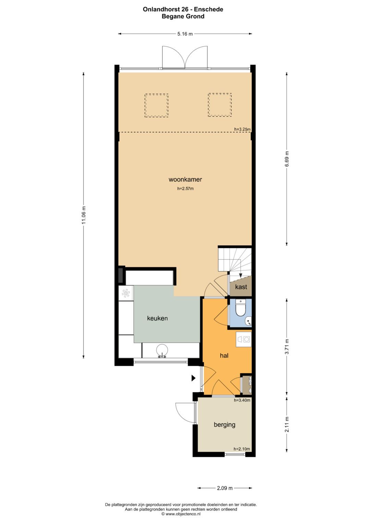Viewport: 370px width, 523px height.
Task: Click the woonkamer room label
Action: click(x=185, y=179)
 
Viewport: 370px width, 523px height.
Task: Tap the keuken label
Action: click(x=158, y=318)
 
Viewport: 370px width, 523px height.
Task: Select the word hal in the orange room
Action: click(x=224, y=356)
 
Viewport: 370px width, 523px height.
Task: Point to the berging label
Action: click(x=224, y=424)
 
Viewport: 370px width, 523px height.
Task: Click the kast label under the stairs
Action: click(x=241, y=287)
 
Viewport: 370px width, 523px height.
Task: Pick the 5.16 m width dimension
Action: click(x=185, y=34)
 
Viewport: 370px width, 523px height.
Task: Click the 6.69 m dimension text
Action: click(x=287, y=159)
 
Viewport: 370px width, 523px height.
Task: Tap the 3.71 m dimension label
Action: click(x=287, y=347)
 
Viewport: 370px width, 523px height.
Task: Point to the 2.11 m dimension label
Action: click(x=287, y=424)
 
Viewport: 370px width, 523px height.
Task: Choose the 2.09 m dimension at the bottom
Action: click(x=225, y=488)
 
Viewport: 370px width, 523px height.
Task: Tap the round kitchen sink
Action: click(x=162, y=350)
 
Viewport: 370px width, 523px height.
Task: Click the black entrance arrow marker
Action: click(x=194, y=378)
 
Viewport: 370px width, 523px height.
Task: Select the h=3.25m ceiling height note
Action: click(x=243, y=129)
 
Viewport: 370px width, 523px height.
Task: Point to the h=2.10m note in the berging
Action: click(x=242, y=449)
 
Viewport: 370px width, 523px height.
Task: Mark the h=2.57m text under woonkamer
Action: click(x=185, y=189)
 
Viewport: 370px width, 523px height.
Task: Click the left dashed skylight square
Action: click(x=157, y=105)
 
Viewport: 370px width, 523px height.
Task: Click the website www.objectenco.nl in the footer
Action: click(x=182, y=514)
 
